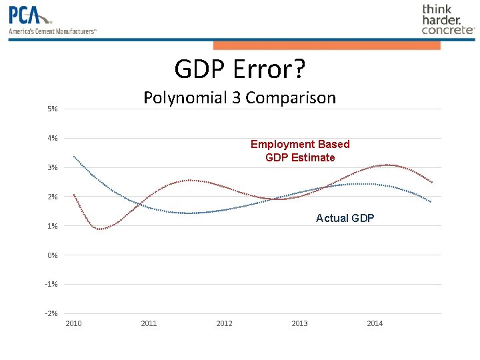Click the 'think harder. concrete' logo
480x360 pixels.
click(447, 19)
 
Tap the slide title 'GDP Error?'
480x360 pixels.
click(239, 68)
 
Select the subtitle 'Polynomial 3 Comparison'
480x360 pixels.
click(239, 97)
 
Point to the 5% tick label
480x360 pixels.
click(53, 109)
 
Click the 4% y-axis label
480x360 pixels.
click(53, 138)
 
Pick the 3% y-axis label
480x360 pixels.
click(53, 167)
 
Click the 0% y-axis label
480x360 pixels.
click(53, 255)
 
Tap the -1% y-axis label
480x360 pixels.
click(51, 285)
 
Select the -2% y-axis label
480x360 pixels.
click(51, 313)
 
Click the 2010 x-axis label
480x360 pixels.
click(74, 323)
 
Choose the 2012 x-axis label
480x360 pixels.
click(225, 323)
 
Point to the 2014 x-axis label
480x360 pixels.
click(375, 323)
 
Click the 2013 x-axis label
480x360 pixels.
click(299, 323)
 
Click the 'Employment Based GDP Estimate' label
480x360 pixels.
click(300, 151)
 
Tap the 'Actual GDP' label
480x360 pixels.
click(345, 218)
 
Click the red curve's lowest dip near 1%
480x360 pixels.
click(99, 229)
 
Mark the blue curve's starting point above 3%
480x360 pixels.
click(74, 157)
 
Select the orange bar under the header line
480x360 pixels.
click(327, 45)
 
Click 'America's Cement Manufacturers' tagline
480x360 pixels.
click(53, 31)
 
